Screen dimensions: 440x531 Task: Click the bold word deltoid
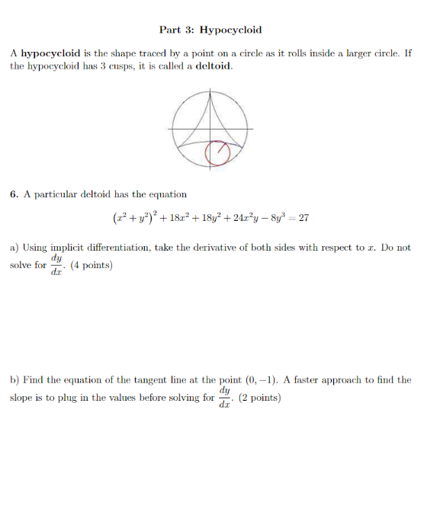coord(214,66)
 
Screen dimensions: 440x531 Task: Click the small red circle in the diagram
coord(218,152)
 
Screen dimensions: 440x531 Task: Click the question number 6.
coord(14,194)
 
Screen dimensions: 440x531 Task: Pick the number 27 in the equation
coord(304,218)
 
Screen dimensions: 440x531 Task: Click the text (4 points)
coord(92,265)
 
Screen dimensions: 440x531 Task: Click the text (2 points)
coord(260,397)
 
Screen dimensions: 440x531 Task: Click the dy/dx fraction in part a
coord(56,265)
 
